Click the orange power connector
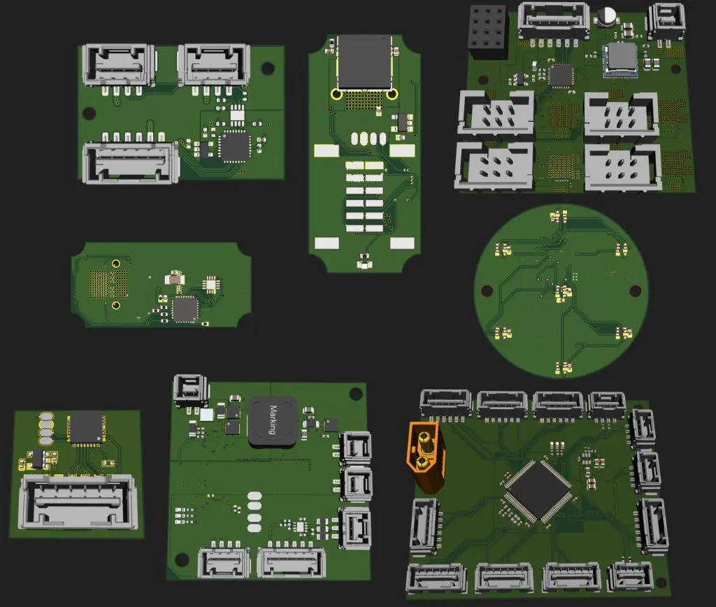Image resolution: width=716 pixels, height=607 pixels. click(x=424, y=455)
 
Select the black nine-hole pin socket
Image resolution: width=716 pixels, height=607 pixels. click(x=487, y=28)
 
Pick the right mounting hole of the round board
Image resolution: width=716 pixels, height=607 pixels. click(x=635, y=290)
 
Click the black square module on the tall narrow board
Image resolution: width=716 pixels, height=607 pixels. click(x=364, y=62)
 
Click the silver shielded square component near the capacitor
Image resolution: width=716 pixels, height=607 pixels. click(x=620, y=57)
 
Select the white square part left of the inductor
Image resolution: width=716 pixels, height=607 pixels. click(x=207, y=415)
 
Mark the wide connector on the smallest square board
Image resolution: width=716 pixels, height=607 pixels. click(x=77, y=501)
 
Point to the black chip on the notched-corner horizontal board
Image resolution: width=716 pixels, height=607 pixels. click(x=185, y=308)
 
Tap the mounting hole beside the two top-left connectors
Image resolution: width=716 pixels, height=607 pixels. click(x=267, y=68)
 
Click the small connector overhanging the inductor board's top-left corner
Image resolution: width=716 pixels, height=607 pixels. click(x=191, y=390)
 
